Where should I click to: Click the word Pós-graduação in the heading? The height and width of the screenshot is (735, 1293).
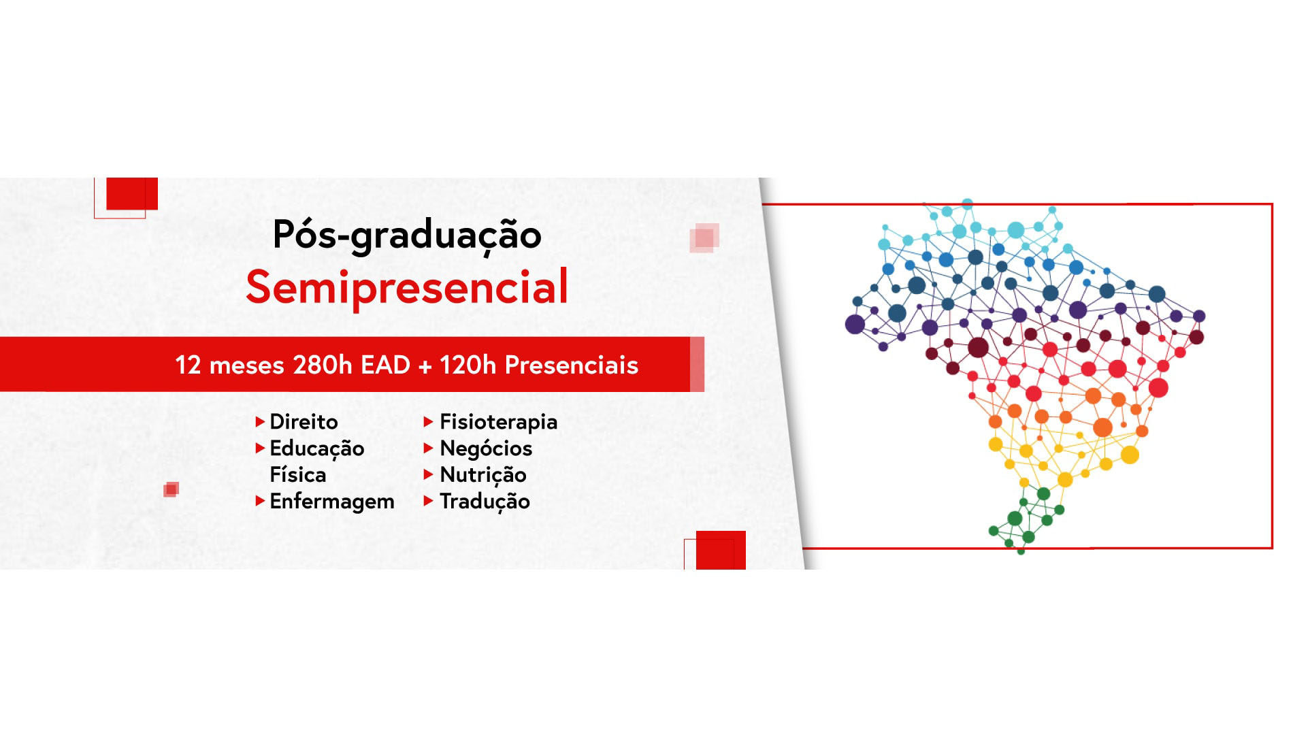pos(407,235)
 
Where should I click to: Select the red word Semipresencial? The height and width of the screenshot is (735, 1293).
pos(407,287)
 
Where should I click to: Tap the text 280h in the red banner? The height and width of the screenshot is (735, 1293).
pos(322,365)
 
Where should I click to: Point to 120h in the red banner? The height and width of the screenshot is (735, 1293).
pos(468,365)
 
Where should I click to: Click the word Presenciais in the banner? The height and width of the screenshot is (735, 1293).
pos(572,365)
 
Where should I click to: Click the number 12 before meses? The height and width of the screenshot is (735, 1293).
pos(189,365)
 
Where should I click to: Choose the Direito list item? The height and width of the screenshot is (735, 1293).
pos(304,422)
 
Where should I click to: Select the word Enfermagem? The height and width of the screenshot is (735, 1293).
pos(332,502)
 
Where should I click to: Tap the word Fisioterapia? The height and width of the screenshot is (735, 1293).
pos(499,423)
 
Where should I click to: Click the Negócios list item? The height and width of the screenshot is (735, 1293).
pos(486,448)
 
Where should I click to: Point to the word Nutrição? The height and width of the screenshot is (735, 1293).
pos(483,475)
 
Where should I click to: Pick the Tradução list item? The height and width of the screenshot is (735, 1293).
pos(485,502)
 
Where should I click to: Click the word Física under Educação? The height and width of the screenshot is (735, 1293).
pos(298,474)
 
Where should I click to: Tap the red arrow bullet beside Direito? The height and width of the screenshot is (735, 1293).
pos(259,422)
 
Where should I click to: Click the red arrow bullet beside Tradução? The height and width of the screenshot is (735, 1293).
pos(428,501)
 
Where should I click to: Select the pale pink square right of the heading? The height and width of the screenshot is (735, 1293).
pos(704,238)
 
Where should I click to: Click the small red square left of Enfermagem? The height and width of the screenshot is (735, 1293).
pos(171,489)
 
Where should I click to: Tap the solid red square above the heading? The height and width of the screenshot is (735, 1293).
pos(132,194)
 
